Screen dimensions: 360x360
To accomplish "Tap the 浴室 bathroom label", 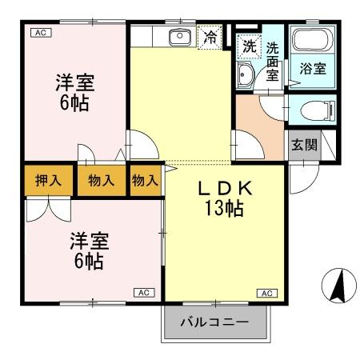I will coord(313,69).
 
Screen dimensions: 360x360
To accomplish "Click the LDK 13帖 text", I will coord(226,198).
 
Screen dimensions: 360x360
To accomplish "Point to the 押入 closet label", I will coord(48,180).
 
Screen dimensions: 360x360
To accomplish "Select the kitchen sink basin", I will coord(179,36).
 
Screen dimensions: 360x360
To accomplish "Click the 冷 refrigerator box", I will coord(210,36).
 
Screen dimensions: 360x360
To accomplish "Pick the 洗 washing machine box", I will coord(250,46).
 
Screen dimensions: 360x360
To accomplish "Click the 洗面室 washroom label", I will coord(273,62).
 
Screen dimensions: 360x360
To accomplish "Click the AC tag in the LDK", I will coord(264,294).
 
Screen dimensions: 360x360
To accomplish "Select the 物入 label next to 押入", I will coord(102,180).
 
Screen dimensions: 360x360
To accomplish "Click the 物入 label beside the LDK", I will coord(145,180).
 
